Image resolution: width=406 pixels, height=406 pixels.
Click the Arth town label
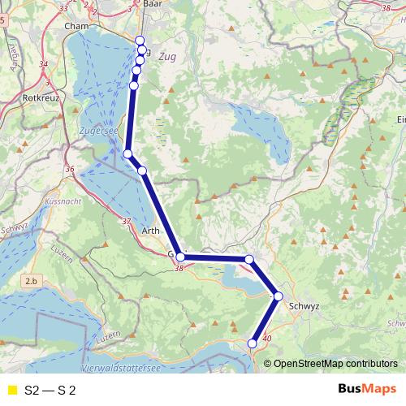[x=151, y=231]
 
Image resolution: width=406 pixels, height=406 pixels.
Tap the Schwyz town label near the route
[x=304, y=306]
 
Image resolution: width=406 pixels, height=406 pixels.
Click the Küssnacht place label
[x=65, y=199]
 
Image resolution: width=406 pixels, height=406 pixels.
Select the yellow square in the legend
[x=11, y=391]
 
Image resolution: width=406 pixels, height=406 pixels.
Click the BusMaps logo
[x=366, y=390]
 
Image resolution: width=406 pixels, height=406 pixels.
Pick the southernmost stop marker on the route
[x=253, y=344]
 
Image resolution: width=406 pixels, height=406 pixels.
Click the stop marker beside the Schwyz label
[x=278, y=297]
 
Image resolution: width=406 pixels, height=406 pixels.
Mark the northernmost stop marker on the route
[x=139, y=41]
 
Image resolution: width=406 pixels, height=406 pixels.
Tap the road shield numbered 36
[x=70, y=169]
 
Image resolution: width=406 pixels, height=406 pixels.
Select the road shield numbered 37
[x=125, y=221]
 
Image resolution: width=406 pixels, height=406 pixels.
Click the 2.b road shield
[x=32, y=280]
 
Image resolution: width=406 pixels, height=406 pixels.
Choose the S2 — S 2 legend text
[x=50, y=391]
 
